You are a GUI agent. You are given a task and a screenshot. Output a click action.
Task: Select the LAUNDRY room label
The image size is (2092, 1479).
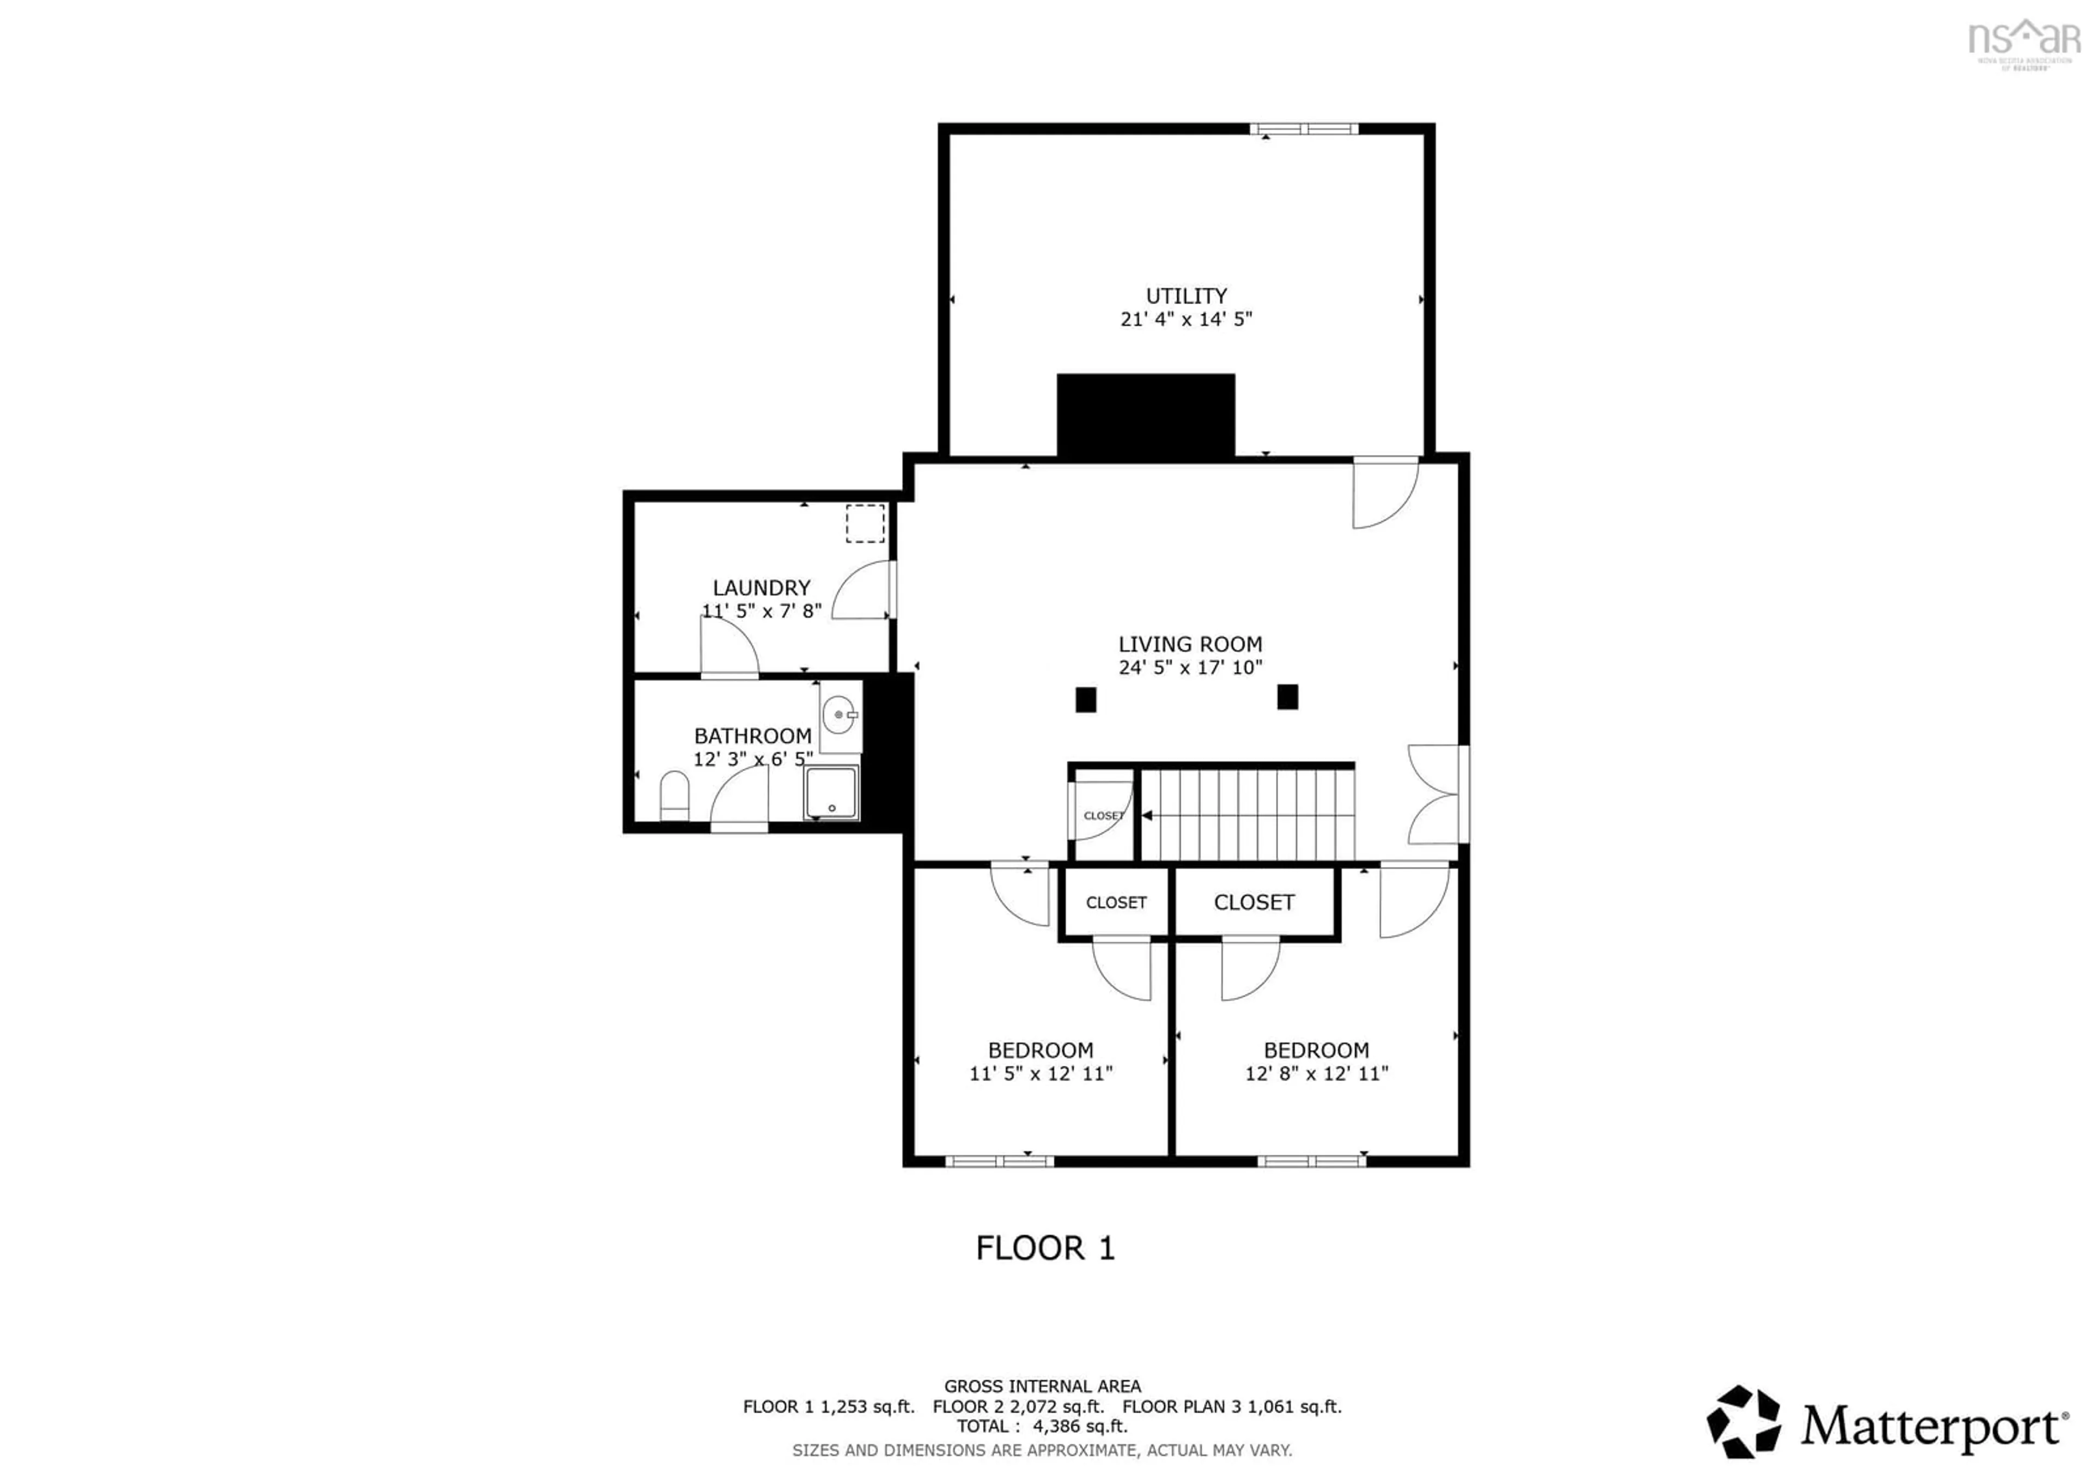pyautogui.click(x=761, y=588)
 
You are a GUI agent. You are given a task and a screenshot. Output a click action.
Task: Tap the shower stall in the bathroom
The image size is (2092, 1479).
pyautogui.click(x=831, y=792)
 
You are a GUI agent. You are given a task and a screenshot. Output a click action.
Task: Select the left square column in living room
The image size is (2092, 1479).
pyautogui.click(x=1085, y=700)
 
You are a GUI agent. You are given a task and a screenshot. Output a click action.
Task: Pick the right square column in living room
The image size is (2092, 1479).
pyautogui.click(x=1287, y=697)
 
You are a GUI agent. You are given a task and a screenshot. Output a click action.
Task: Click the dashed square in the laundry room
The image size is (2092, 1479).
pyautogui.click(x=865, y=523)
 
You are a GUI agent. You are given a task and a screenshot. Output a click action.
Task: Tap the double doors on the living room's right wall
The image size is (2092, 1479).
pyautogui.click(x=1437, y=793)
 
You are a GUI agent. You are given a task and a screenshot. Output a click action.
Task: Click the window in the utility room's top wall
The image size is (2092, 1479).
pyautogui.click(x=1303, y=129)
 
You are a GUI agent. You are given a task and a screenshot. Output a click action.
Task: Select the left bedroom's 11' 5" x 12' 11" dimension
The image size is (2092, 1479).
pyautogui.click(x=1041, y=1074)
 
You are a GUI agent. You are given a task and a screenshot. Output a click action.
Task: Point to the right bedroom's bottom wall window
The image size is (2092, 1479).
pyautogui.click(x=1311, y=1161)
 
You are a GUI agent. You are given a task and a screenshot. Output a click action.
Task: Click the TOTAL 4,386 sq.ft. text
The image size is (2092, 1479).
pyautogui.click(x=1042, y=1426)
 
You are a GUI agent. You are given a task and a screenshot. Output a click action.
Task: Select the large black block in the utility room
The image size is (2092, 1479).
pyautogui.click(x=1145, y=415)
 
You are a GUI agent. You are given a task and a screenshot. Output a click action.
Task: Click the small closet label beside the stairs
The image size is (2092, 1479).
pyautogui.click(x=1103, y=816)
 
